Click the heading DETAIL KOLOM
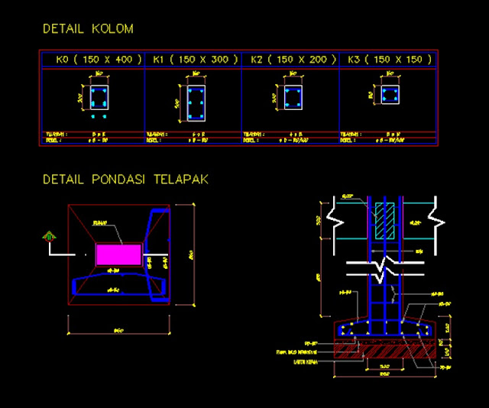pyautogui.click(x=88, y=29)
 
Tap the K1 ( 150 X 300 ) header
pyautogui.click(x=196, y=59)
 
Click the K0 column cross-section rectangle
pyautogui.click(x=99, y=97)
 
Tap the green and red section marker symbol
pyautogui.click(x=49, y=237)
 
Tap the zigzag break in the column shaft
pyautogui.click(x=384, y=268)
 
